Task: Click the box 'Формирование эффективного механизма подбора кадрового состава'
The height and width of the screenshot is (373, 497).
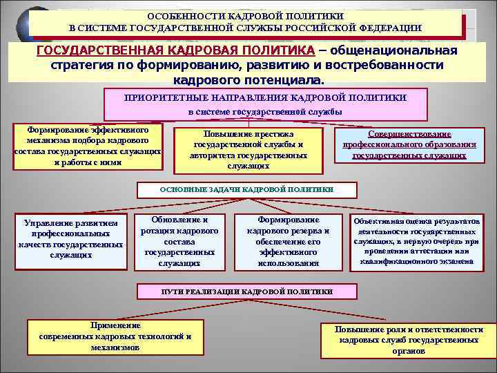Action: click(x=88, y=146)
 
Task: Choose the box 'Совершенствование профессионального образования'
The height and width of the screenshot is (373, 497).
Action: click(x=409, y=145)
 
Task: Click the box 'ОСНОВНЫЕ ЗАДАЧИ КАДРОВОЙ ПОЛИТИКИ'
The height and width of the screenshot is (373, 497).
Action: click(x=246, y=189)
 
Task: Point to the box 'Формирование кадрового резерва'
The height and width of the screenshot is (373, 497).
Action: click(x=288, y=241)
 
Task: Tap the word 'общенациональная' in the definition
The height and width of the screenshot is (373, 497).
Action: click(x=388, y=51)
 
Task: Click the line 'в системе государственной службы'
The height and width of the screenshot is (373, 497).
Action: click(x=265, y=111)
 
